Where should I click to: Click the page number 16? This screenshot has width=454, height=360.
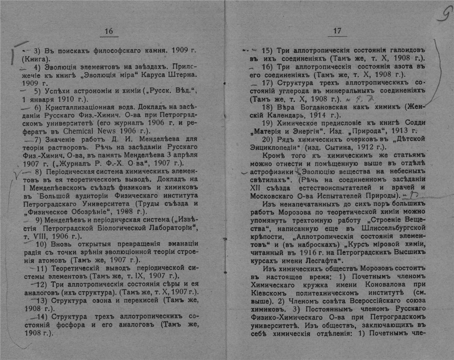109,31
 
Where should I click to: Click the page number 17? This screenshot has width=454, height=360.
337,31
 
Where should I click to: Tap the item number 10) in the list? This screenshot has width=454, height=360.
39,245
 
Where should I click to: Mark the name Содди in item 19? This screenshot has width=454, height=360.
416,123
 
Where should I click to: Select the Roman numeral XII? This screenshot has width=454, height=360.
257,187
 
